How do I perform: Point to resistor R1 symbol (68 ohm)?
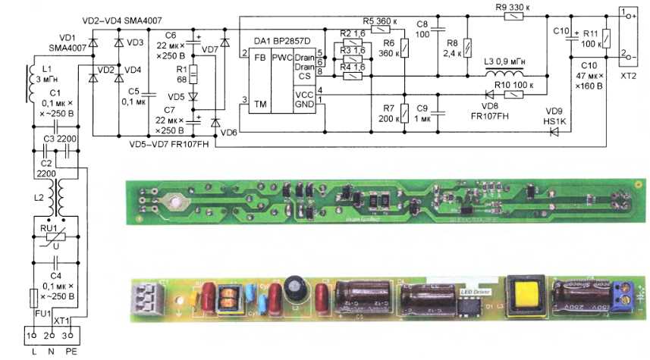click(193, 75)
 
